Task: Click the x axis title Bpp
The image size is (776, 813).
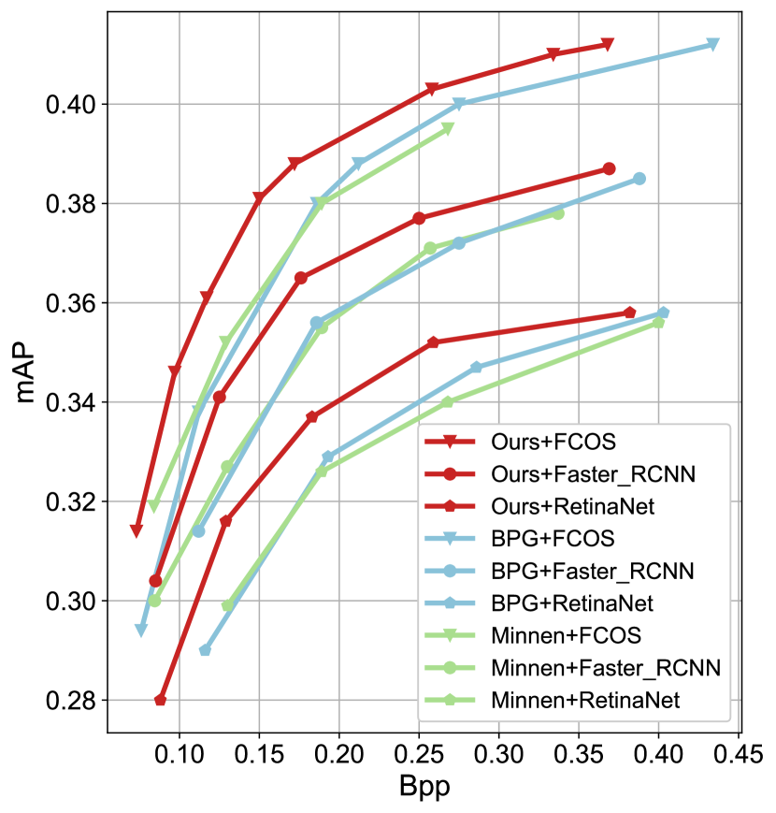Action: pyautogui.click(x=424, y=787)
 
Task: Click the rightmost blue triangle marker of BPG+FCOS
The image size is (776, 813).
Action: pyautogui.click(x=712, y=45)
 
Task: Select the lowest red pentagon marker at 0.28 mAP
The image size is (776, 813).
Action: pyautogui.click(x=161, y=700)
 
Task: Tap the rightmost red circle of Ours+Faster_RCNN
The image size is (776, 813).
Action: pyautogui.click(x=610, y=168)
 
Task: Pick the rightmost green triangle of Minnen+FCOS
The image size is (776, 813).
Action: pyautogui.click(x=448, y=129)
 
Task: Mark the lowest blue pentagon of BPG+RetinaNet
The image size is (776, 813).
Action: pyautogui.click(x=206, y=650)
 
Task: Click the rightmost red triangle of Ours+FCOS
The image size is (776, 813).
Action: pyautogui.click(x=608, y=45)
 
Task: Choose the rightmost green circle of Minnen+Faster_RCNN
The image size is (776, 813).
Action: pyautogui.click(x=558, y=213)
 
